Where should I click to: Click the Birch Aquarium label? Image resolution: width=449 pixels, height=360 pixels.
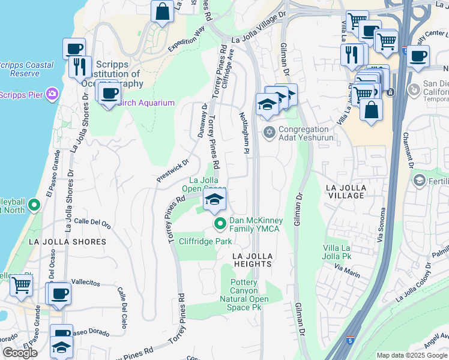tap(145, 103)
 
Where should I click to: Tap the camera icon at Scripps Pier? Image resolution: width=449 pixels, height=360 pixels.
tap(53, 93)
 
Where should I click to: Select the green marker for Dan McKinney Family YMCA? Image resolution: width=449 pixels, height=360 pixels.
tap(220, 224)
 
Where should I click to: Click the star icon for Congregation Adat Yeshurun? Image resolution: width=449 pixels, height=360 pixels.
tap(269, 131)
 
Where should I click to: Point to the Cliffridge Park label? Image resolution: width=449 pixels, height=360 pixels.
tap(205, 241)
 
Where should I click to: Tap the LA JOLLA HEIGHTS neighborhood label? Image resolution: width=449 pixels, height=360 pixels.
tap(253, 260)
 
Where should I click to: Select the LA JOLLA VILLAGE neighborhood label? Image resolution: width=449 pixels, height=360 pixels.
tap(345, 192)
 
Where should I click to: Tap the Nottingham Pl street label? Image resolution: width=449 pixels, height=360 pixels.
tap(245, 134)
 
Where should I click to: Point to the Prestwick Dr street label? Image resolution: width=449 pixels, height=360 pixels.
tap(173, 170)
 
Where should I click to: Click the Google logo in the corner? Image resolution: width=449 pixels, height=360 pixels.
tap(19, 353)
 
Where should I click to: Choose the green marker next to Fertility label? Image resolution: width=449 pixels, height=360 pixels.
tap(419, 180)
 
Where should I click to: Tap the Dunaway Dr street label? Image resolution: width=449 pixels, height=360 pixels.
tap(202, 121)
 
